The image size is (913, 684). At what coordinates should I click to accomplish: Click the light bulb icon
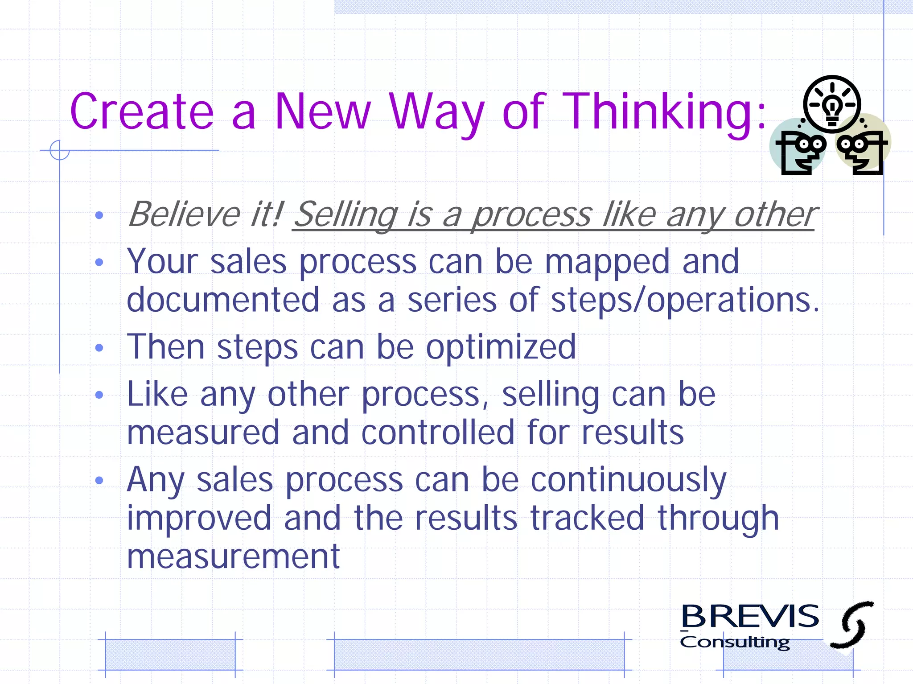832,104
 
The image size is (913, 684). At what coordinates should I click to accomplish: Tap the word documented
223,300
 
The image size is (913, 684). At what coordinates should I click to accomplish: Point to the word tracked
588,518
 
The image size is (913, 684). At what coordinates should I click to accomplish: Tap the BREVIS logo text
750,617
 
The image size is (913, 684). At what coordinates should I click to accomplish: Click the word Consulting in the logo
735,643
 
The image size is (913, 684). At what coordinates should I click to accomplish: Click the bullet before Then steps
99,348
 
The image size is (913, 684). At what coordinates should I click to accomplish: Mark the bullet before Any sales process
99,481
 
